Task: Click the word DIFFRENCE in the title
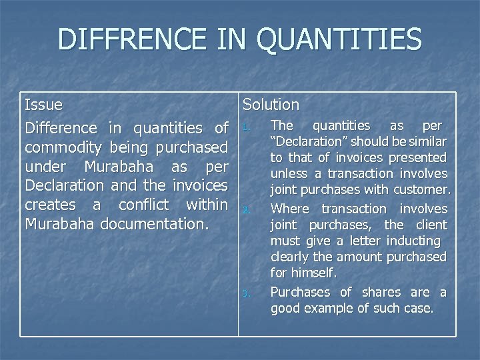(131, 40)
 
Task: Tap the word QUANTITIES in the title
(339, 40)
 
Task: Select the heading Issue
(43, 105)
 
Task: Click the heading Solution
(271, 105)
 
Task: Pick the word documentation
(154, 223)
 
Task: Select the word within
(207, 204)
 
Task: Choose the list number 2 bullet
(245, 211)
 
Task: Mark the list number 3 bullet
(245, 294)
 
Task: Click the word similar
(427, 141)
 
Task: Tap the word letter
(368, 241)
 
